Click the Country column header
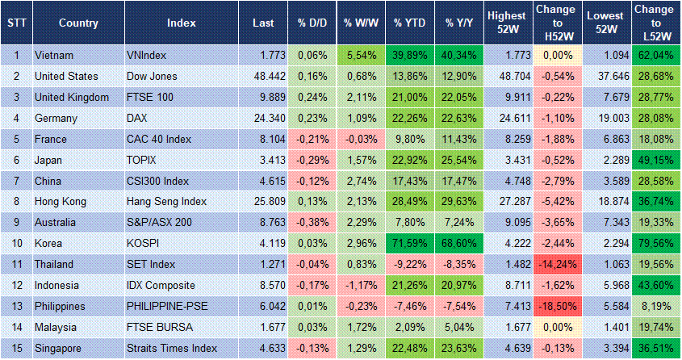point(78,23)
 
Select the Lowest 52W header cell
point(605,23)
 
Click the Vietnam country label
point(55,55)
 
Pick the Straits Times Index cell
point(172,348)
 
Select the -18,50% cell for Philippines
point(556,306)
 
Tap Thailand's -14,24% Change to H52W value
point(556,264)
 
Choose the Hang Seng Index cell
point(167,201)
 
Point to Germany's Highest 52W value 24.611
point(508,118)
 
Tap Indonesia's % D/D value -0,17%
point(312,285)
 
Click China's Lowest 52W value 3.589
point(605,180)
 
